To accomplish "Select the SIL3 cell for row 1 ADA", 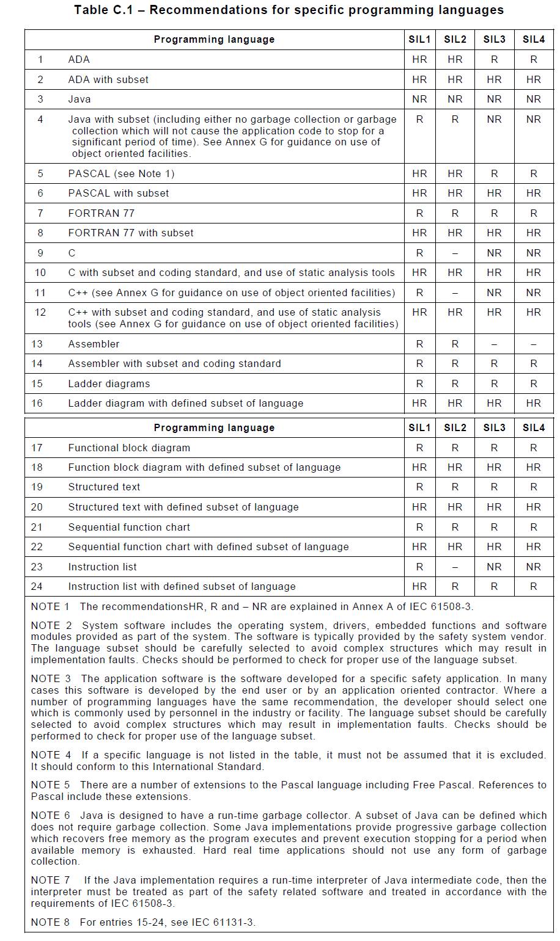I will [x=494, y=60].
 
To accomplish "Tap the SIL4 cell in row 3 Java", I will [x=533, y=100].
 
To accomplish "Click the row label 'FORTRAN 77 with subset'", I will [x=131, y=233].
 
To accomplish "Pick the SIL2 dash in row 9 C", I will [x=455, y=253].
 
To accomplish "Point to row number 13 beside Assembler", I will [x=37, y=344].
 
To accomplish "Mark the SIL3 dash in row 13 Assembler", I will [x=494, y=344].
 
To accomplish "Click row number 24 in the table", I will [x=37, y=587].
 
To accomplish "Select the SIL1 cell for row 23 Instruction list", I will [x=419, y=567].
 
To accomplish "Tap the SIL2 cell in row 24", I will [x=455, y=587].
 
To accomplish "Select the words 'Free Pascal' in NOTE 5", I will [x=446, y=785].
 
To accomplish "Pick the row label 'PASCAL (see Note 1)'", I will [x=121, y=174].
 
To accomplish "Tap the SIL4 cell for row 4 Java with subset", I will [x=533, y=120].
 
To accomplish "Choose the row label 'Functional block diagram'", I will [x=129, y=448].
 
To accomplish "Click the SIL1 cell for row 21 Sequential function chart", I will [x=419, y=528].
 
